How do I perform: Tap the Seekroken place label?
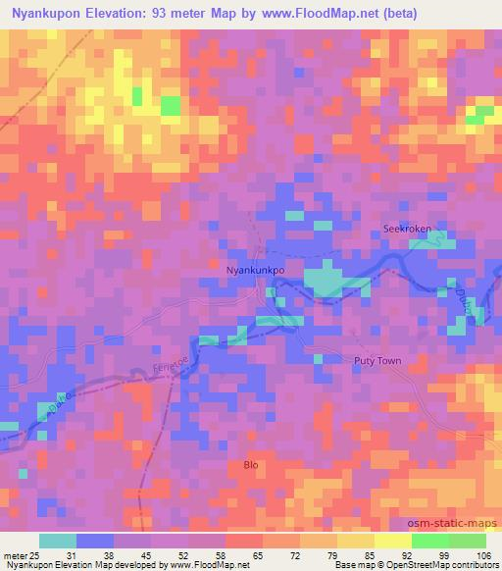(x=407, y=230)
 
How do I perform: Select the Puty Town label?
(x=377, y=361)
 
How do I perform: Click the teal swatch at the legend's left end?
(x=57, y=541)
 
